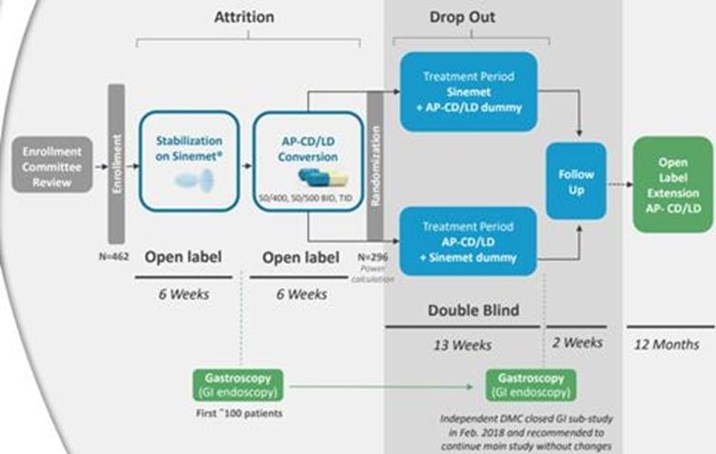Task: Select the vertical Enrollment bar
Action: point(116,164)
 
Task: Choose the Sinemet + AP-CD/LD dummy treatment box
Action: point(468,86)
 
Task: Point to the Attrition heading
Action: point(244,18)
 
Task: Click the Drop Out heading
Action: point(463,18)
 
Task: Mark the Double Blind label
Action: point(463,309)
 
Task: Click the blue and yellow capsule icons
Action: point(308,179)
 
